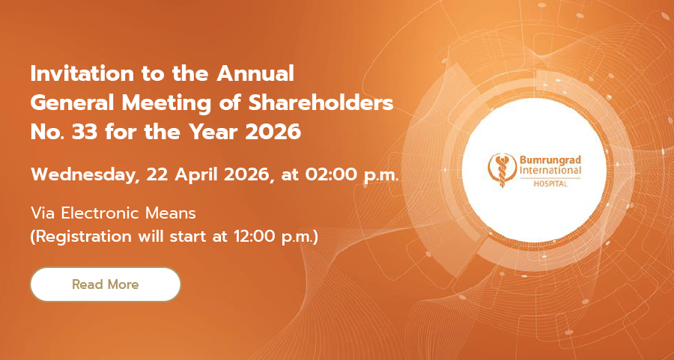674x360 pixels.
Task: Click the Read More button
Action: point(106,284)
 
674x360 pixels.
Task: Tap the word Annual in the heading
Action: point(255,74)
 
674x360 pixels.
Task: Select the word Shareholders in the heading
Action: point(321,103)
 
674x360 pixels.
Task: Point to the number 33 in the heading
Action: point(85,132)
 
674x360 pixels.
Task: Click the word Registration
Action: point(84,237)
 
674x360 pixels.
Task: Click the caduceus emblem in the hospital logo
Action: point(502,171)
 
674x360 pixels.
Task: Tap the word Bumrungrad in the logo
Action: point(550,160)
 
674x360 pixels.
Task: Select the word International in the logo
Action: point(550,171)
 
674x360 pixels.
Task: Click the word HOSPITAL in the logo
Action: point(550,184)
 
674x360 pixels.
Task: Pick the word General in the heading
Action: point(73,103)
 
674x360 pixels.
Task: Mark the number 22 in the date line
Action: point(157,175)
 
